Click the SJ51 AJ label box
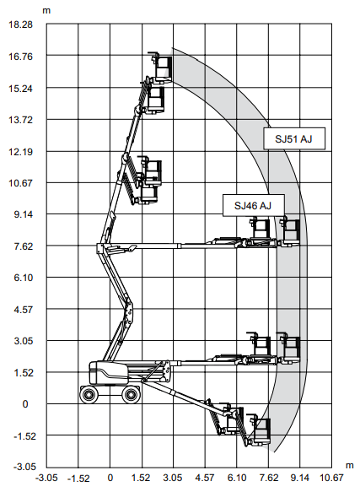point(294,138)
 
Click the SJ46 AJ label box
point(254,206)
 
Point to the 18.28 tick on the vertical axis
point(21,24)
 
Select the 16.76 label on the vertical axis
point(21,57)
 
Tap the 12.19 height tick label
point(21,152)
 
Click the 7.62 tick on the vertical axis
point(24,246)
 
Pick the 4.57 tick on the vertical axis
point(24,310)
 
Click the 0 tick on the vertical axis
point(25,404)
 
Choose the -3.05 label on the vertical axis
point(24,467)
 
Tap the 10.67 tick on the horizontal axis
point(331,478)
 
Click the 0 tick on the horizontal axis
point(110,478)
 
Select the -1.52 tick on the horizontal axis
point(78,478)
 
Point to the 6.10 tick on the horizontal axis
point(237,478)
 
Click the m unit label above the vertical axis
point(46,11)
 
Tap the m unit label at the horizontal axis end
point(349,466)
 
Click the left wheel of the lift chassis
point(89,394)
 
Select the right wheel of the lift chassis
point(131,394)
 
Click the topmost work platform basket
point(161,68)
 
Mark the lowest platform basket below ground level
point(259,430)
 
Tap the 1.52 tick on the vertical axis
point(24,373)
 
